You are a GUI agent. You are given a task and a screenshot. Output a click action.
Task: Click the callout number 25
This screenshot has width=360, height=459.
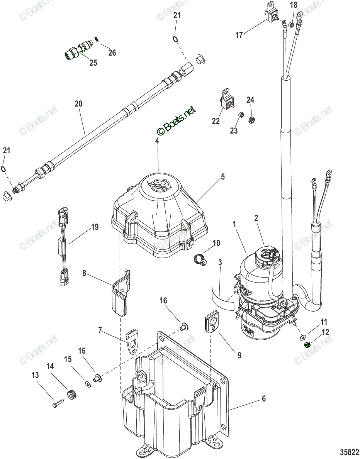[93, 63]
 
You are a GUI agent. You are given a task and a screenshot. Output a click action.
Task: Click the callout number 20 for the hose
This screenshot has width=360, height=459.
[78, 104]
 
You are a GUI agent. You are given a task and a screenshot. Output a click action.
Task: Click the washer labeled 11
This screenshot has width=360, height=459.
[302, 338]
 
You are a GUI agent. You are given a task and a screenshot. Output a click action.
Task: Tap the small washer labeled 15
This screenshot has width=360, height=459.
[88, 384]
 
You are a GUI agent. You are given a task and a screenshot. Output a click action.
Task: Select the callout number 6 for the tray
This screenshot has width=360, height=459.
[264, 399]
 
